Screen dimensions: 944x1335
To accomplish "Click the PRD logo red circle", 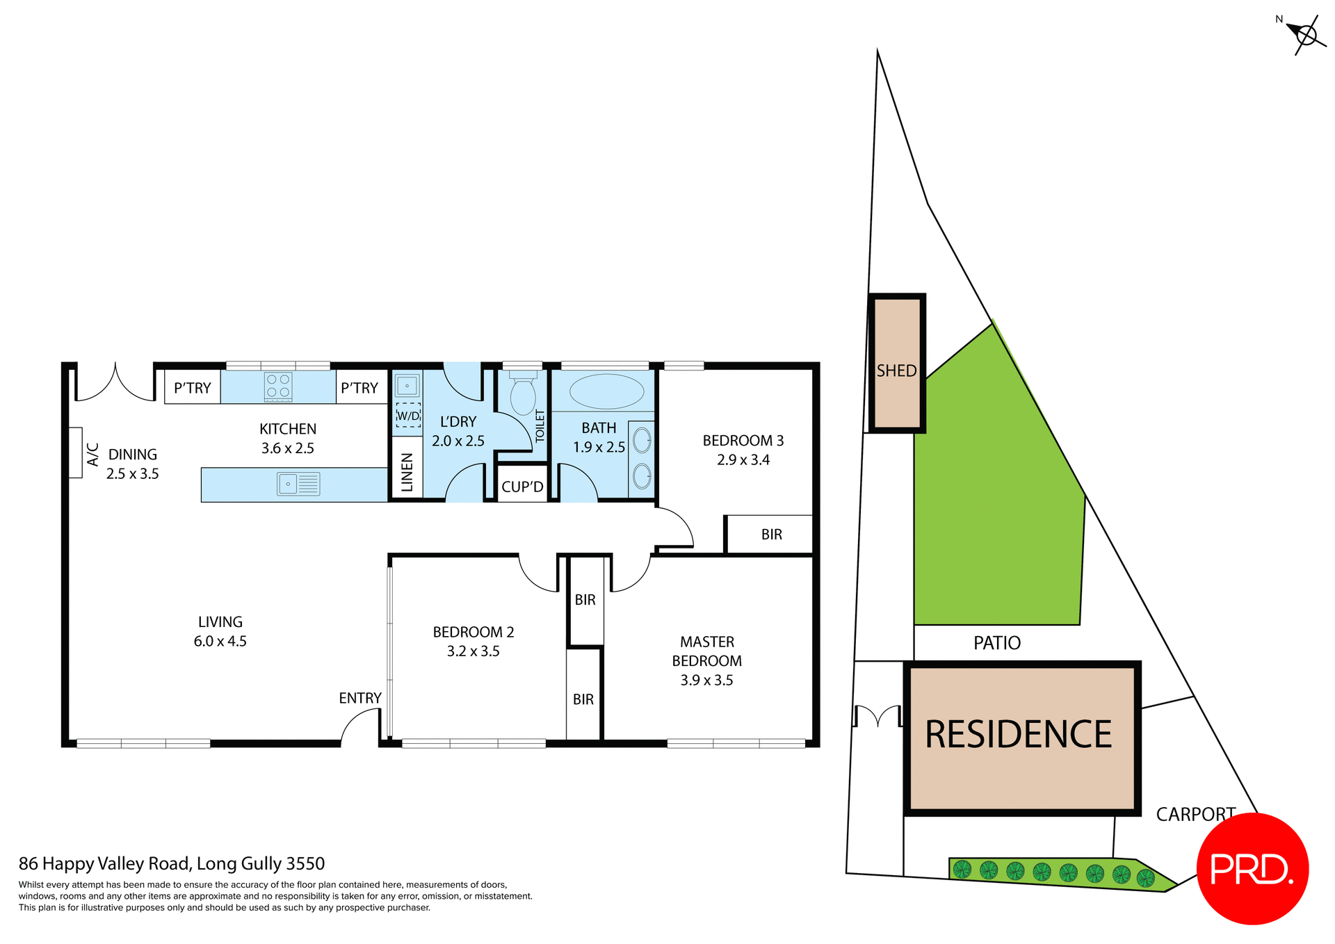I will pos(1252,868).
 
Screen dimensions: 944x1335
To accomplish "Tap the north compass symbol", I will pos(1305,35).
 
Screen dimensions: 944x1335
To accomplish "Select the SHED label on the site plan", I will pos(896,371).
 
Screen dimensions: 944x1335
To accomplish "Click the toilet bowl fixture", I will pos(523,394).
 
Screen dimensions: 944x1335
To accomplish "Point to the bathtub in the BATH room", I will pos(606,391).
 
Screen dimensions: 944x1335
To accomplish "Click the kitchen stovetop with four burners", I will pos(278,387).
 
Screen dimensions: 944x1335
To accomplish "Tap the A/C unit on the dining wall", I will pos(76,453).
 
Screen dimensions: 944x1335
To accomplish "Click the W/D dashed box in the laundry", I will pos(408,415).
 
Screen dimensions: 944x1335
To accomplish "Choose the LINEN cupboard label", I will pos(407,472).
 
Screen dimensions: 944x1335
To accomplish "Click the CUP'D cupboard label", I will pos(522,487).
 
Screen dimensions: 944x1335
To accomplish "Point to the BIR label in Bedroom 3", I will pos(771,535).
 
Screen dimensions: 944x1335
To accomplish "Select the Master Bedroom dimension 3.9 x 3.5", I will pos(706,681).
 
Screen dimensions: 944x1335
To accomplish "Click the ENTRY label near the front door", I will pos(359,698).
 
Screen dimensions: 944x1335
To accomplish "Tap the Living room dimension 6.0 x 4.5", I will pos(220,642).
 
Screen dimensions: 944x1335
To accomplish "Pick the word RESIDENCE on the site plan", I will pos(1018,735).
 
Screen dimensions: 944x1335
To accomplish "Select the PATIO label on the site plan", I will pos(996,643).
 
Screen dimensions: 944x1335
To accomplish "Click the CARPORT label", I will pos(1195,814).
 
